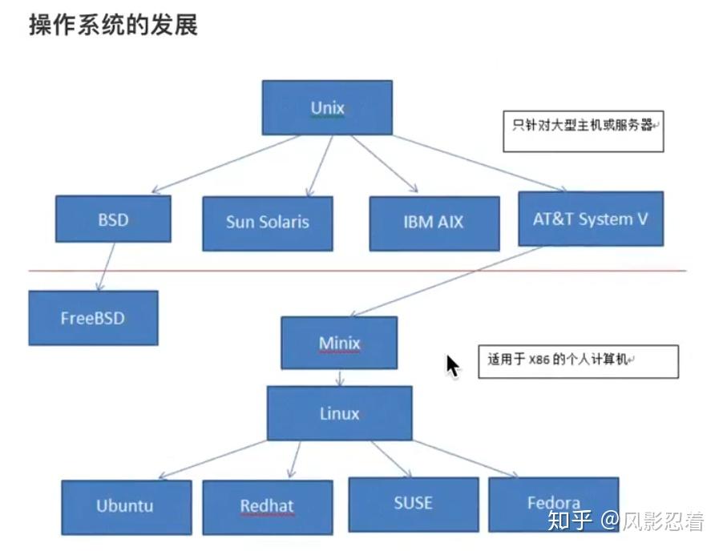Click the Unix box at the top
pos(327,107)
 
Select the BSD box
pos(113,219)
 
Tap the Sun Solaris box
pos(267,223)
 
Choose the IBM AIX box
pos(434,223)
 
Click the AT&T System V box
pos(591,219)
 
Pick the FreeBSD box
pos(93,318)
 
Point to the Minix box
pos(339,343)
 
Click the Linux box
pos(339,413)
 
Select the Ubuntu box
pos(126,507)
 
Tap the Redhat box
pos(267,507)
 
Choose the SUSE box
pos(413,504)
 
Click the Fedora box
pos(553,504)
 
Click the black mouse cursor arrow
pos(452,365)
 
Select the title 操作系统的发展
pos(113,25)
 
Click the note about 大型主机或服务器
pos(584,130)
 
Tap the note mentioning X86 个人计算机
pos(578,361)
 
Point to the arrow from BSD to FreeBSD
pos(106,266)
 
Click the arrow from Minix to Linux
pos(340,377)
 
